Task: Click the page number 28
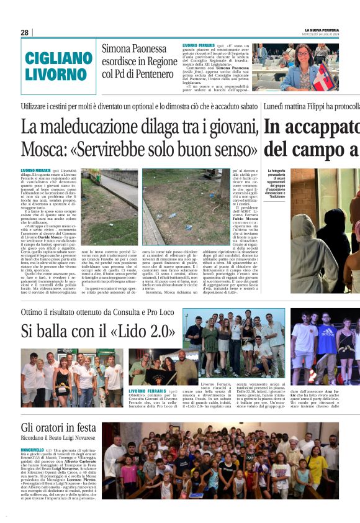pos(24,32)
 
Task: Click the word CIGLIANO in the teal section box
pos(58,59)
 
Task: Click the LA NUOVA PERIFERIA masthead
pos(322,29)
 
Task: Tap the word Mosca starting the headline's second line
pos(43,150)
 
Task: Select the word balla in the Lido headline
pos(68,330)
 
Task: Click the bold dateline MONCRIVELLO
pos(32,449)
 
